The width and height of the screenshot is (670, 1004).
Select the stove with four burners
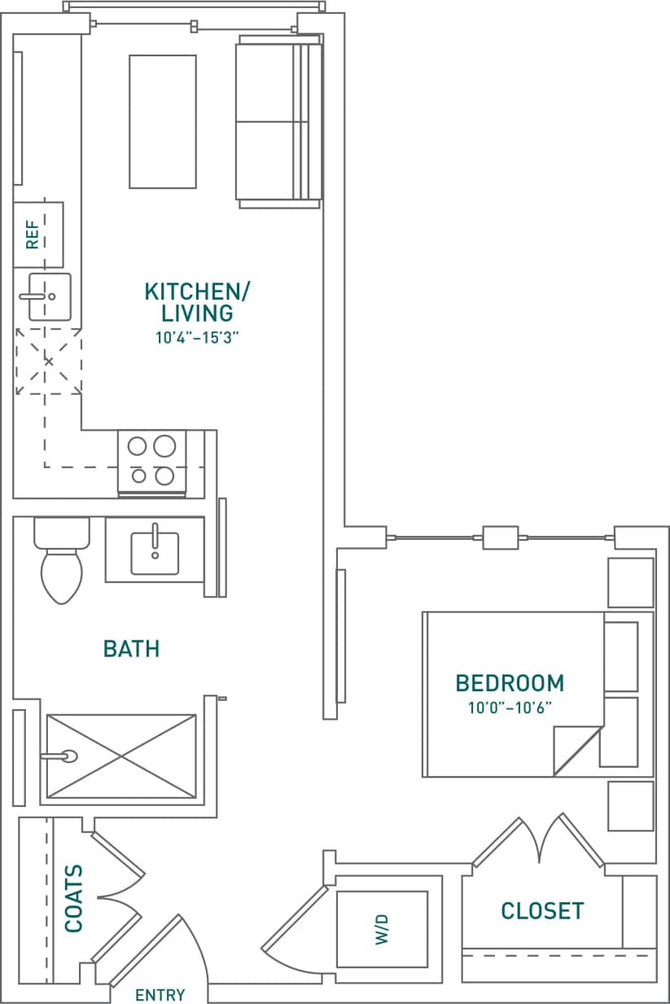click(152, 462)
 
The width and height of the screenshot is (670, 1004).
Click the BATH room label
click(131, 649)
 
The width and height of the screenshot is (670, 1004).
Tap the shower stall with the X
click(120, 756)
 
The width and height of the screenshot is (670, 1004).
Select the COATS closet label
click(74, 898)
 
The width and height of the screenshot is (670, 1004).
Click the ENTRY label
click(160, 995)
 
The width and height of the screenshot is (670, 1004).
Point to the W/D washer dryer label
click(382, 929)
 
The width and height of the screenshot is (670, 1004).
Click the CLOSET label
click(542, 910)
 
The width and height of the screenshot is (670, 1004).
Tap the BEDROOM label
click(510, 682)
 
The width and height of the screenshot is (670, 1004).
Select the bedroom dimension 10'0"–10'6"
click(510, 708)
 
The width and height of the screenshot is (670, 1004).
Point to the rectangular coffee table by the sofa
click(163, 121)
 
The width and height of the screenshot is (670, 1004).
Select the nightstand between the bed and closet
click(631, 806)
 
